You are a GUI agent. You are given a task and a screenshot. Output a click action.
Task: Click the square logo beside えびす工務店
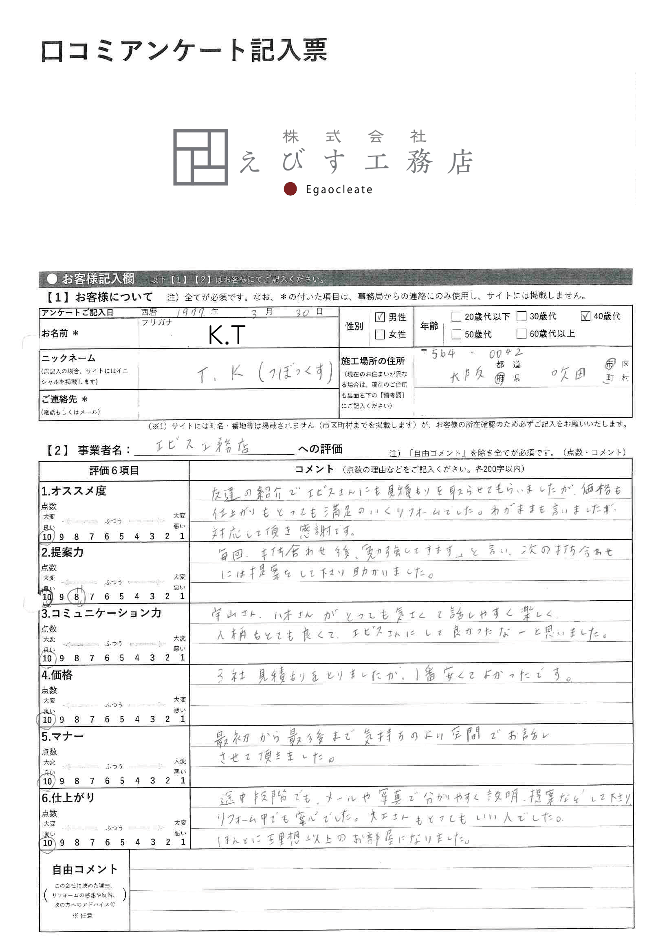tap(200, 157)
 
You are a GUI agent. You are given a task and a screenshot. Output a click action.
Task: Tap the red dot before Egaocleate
tap(290, 189)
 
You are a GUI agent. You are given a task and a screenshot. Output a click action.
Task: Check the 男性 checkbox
tap(380, 317)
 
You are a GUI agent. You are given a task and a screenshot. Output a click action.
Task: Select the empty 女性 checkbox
tap(380, 334)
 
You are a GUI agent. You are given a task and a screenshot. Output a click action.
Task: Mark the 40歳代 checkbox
tap(585, 316)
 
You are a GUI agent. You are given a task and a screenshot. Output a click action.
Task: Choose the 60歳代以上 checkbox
tap(521, 333)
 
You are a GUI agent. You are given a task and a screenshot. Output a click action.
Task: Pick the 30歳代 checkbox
tap(521, 316)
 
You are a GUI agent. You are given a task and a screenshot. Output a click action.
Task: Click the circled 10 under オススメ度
tap(47, 537)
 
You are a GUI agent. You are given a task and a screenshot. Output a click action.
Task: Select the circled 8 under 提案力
tap(77, 597)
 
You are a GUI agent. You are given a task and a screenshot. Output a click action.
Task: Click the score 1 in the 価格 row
tap(183, 719)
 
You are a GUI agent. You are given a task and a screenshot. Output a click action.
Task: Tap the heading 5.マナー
tap(62, 737)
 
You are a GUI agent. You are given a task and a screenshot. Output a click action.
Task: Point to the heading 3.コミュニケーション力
tap(101, 613)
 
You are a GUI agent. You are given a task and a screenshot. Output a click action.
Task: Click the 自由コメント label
tap(85, 869)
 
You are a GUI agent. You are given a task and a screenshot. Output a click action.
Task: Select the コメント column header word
tap(315, 469)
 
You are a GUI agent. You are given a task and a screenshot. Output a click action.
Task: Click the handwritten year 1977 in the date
tap(190, 313)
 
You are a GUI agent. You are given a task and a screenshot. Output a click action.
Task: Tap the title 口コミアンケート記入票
tap(184, 51)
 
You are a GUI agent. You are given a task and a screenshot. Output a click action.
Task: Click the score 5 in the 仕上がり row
tap(122, 842)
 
